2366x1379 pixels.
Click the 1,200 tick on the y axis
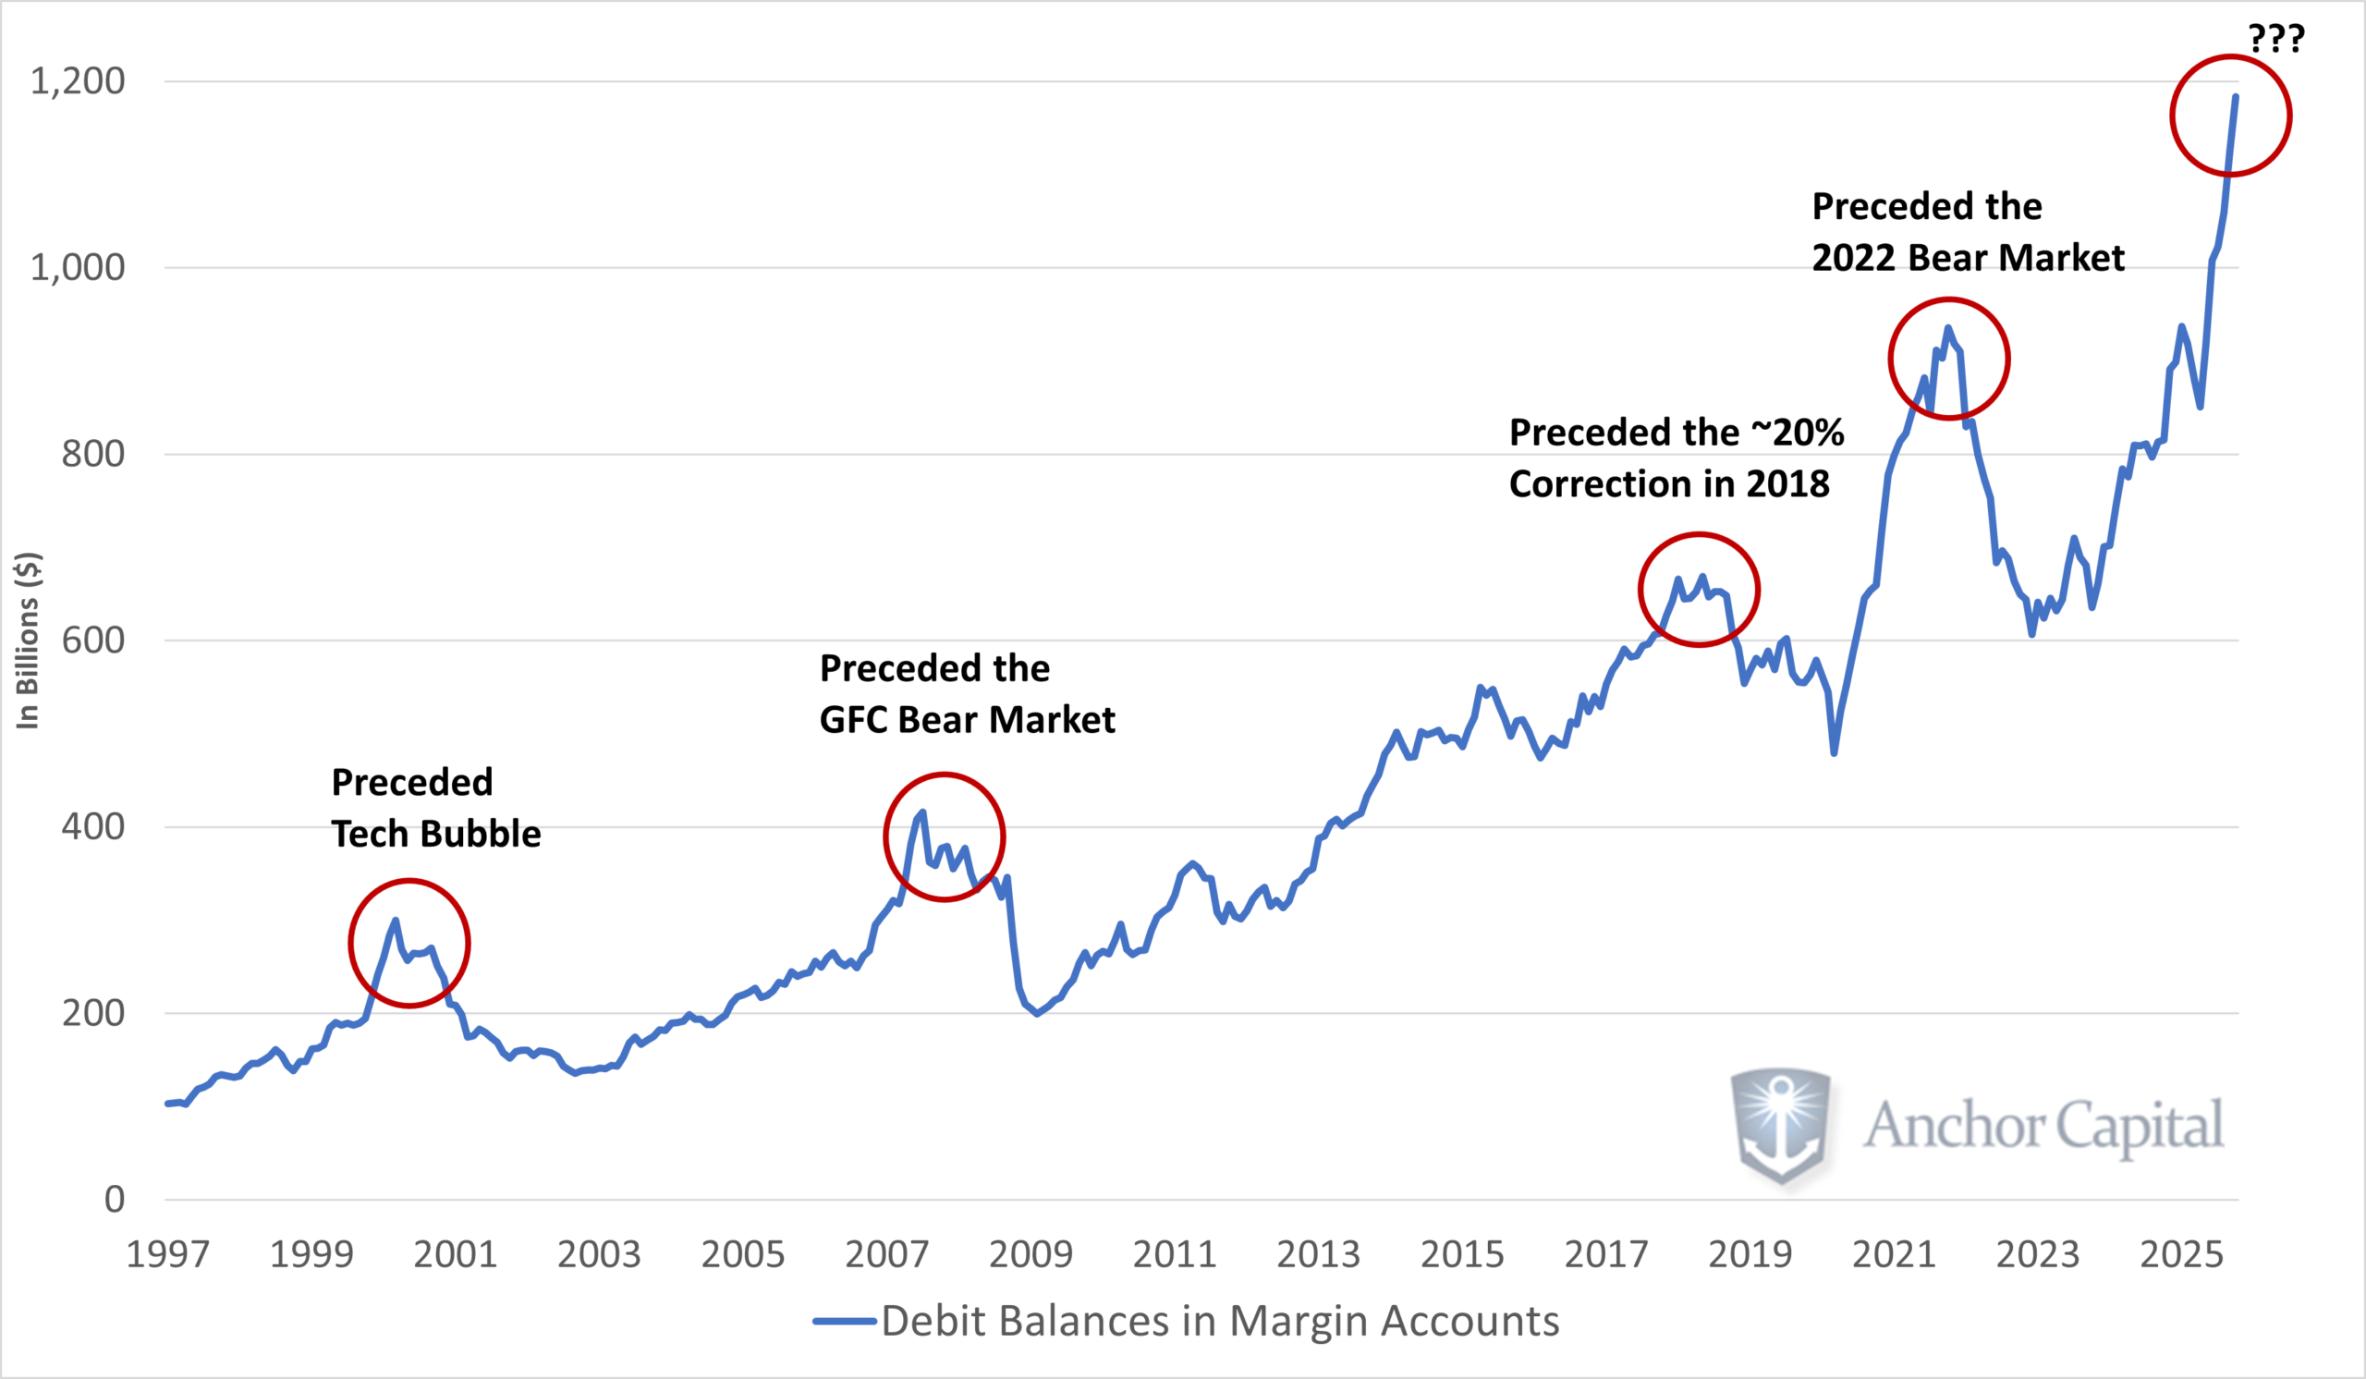77,81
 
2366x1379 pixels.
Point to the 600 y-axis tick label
92,641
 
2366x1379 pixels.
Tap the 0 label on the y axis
114,1200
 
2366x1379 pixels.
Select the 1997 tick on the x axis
167,1255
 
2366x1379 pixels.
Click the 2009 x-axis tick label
1030,1255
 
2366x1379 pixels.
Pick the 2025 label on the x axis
2181,1255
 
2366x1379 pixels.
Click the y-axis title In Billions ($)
28,641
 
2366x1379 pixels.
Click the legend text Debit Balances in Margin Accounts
1220,1322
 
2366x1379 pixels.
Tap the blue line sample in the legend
844,1322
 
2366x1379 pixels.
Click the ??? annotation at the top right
2275,39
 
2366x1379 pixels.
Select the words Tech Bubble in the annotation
435,835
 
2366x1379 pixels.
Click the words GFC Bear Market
967,720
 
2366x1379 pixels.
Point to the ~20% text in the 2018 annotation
1797,433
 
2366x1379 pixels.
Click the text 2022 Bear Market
1967,258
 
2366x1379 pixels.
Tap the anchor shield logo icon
1780,1126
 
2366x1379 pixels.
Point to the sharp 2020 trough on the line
1834,753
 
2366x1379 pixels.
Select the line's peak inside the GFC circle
923,812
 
